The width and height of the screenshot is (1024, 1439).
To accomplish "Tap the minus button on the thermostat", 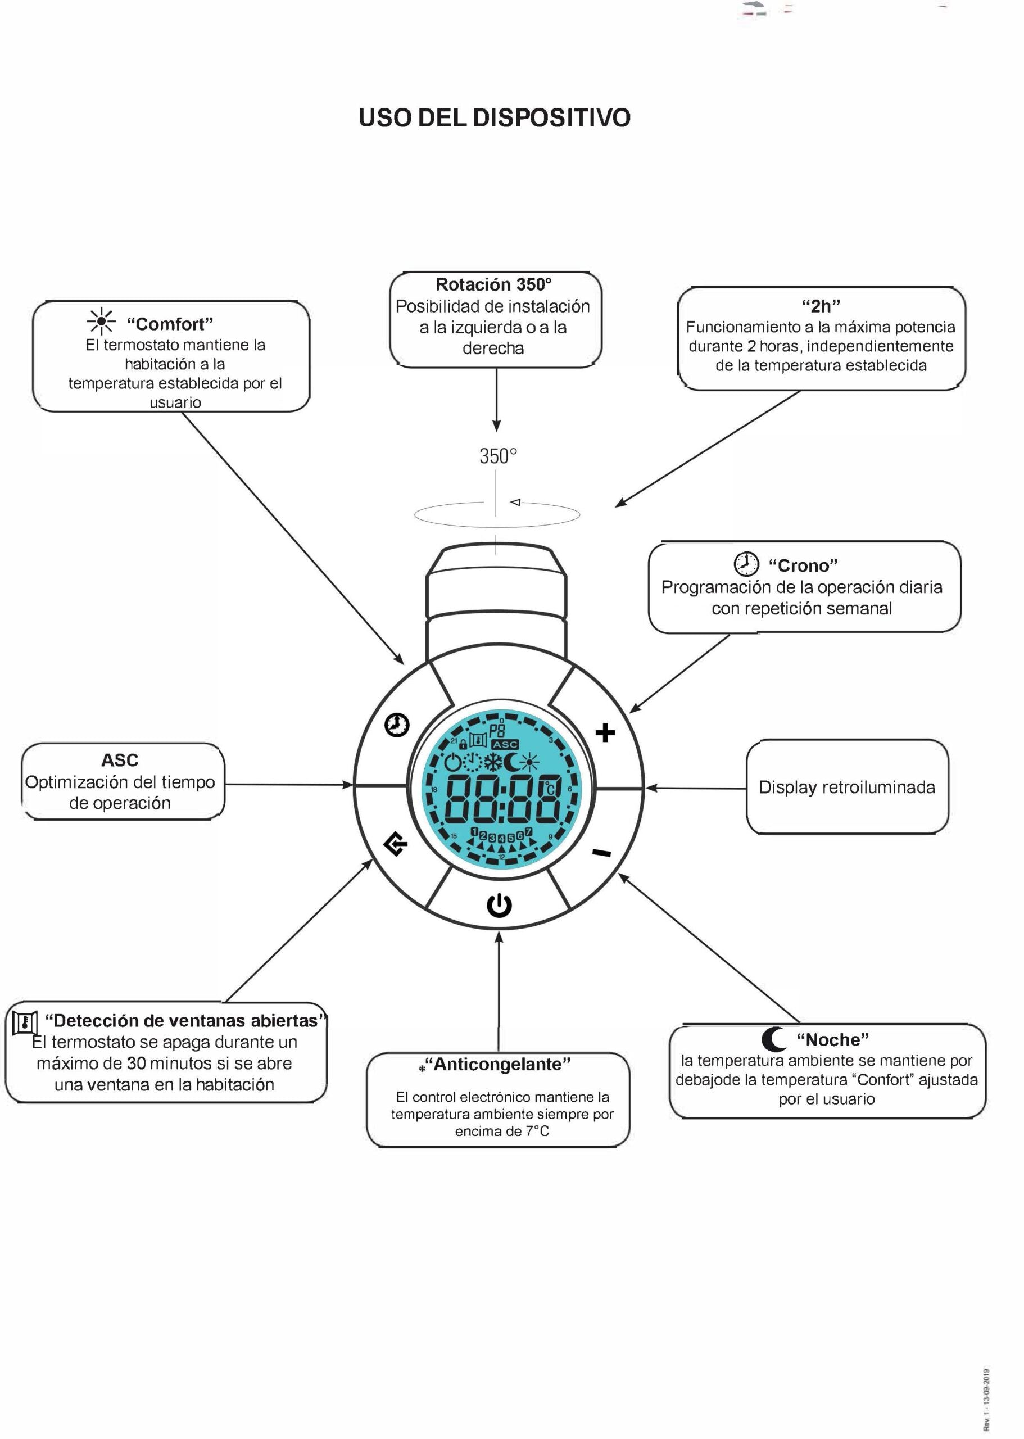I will pos(601,853).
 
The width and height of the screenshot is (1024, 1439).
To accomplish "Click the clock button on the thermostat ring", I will pos(397,725).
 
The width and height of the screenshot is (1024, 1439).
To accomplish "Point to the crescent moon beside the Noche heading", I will pos(774,1038).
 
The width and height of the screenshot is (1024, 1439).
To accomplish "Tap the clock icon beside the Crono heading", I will pos(746,564).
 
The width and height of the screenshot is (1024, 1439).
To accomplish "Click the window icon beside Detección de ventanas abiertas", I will pos(25,1022).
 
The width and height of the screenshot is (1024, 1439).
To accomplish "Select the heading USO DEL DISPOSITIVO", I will pos(495,118).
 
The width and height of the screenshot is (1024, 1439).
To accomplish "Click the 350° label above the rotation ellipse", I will pos(498,456).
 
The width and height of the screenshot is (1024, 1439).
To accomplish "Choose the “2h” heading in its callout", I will pos(821,306).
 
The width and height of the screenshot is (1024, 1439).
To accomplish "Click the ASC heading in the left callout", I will pos(120,760).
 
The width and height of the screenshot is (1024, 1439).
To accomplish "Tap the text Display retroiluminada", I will pos(847,787).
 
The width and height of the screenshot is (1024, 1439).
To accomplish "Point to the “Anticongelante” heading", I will pos(498,1065).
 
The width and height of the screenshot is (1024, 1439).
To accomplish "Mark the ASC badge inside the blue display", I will pos(505,745).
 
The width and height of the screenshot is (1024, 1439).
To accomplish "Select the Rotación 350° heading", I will pos(493,284).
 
